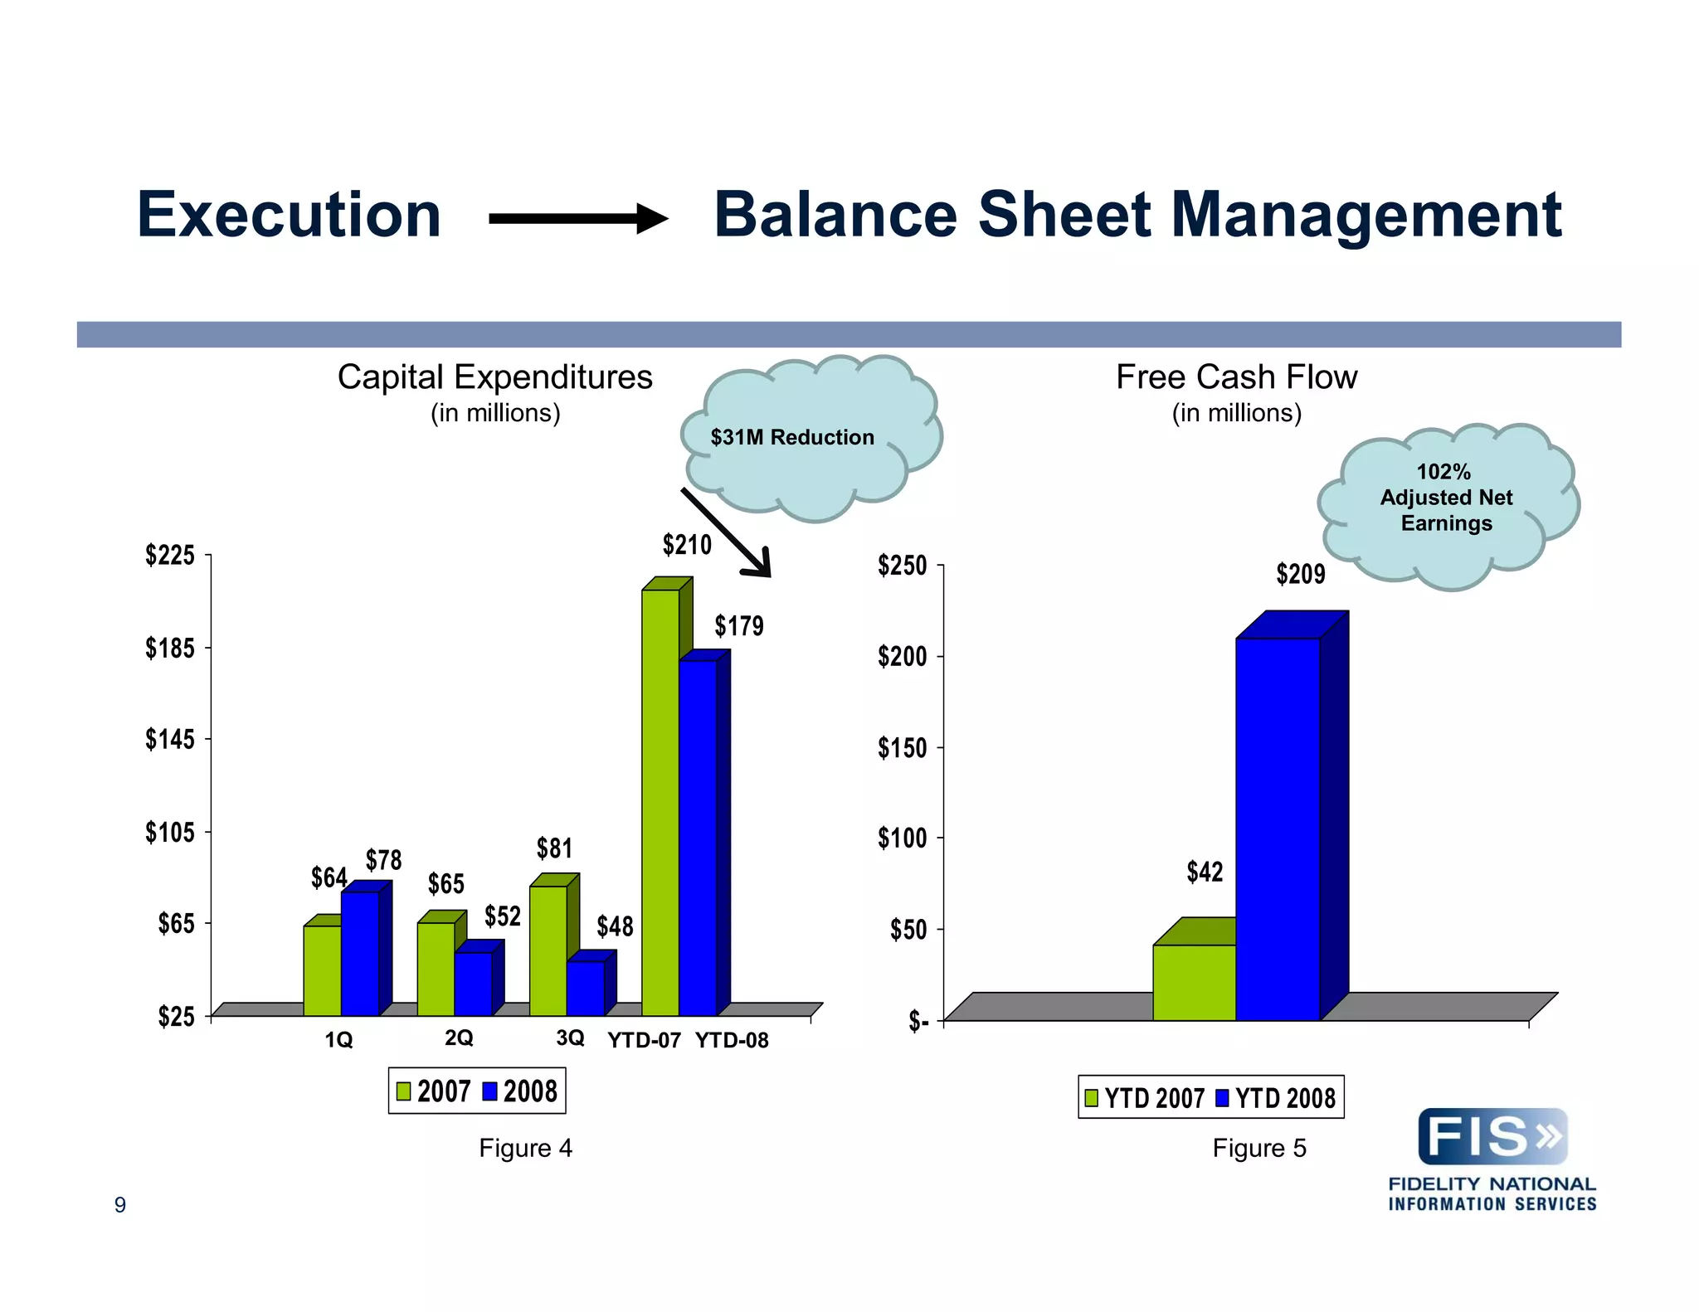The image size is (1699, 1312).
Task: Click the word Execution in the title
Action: [289, 216]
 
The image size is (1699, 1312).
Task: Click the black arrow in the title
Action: [577, 219]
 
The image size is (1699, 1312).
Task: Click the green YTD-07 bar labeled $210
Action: [660, 800]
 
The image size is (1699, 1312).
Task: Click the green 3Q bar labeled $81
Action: [548, 950]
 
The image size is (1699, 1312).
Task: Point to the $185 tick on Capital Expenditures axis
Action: [170, 648]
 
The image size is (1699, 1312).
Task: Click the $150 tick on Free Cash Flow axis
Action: [902, 748]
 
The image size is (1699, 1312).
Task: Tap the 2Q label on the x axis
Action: [459, 1037]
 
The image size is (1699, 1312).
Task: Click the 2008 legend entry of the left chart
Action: [520, 1091]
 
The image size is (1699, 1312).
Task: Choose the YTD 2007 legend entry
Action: [1144, 1098]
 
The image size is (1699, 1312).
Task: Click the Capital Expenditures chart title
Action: [494, 378]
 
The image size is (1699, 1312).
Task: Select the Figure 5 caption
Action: [1258, 1148]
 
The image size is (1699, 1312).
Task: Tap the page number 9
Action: [120, 1205]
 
